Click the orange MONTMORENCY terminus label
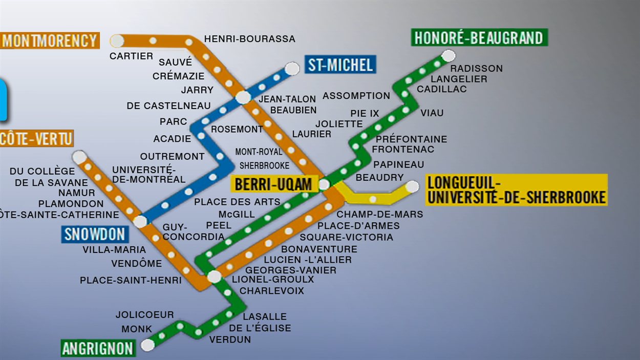(x=50, y=40)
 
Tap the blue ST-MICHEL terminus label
(x=340, y=65)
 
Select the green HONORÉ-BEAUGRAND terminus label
(x=479, y=38)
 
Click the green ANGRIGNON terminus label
(x=98, y=349)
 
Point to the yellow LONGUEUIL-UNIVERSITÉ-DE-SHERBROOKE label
(x=516, y=190)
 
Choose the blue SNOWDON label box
(x=95, y=235)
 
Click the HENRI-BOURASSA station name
(x=249, y=39)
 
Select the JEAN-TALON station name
(x=288, y=99)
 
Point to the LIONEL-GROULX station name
(x=272, y=280)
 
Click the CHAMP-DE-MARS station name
(x=380, y=215)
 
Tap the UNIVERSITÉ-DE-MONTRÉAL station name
(x=148, y=175)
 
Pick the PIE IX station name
(x=365, y=113)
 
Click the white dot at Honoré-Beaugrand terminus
(x=448, y=55)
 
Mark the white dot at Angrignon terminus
(x=147, y=345)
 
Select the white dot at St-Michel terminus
(x=292, y=68)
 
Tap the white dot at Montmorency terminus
(x=117, y=40)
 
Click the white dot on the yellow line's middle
(x=373, y=199)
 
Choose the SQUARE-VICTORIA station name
(x=346, y=237)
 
